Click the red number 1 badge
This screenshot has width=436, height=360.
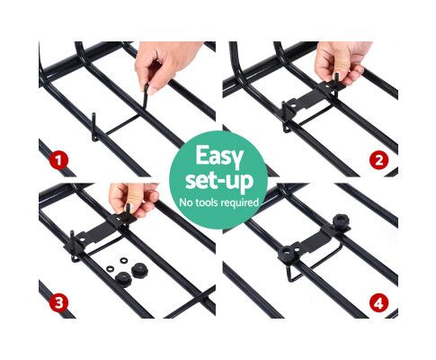coord(58,160)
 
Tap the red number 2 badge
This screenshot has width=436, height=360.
coord(378,160)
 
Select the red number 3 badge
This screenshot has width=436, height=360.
coord(58,302)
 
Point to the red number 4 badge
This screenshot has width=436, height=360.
coord(378,302)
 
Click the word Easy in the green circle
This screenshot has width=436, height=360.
coord(219,157)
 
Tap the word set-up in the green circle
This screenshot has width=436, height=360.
coord(219,181)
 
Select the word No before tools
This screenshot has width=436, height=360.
coord(186,202)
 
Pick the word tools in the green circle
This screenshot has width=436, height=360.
coord(206,202)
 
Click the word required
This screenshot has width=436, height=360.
coord(239,203)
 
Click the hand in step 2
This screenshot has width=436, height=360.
coord(342,61)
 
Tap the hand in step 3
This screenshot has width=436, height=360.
coord(133,200)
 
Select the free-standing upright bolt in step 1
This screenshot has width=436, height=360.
coord(94,127)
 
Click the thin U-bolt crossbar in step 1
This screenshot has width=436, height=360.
coord(122,124)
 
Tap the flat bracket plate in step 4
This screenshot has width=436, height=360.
coord(315,240)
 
